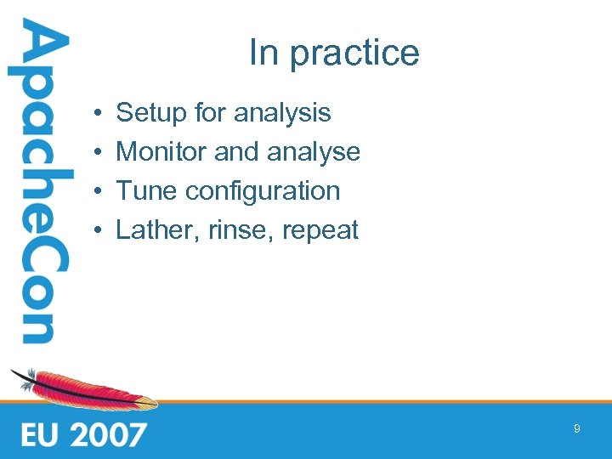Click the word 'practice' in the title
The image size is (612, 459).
(354, 54)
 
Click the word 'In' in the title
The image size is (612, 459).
(263, 53)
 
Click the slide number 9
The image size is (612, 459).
(576, 429)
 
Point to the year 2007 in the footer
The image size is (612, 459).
(108, 434)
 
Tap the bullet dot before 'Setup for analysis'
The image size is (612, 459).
(99, 113)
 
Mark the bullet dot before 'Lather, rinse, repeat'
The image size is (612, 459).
(99, 230)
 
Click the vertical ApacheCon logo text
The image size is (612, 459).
(38, 183)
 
